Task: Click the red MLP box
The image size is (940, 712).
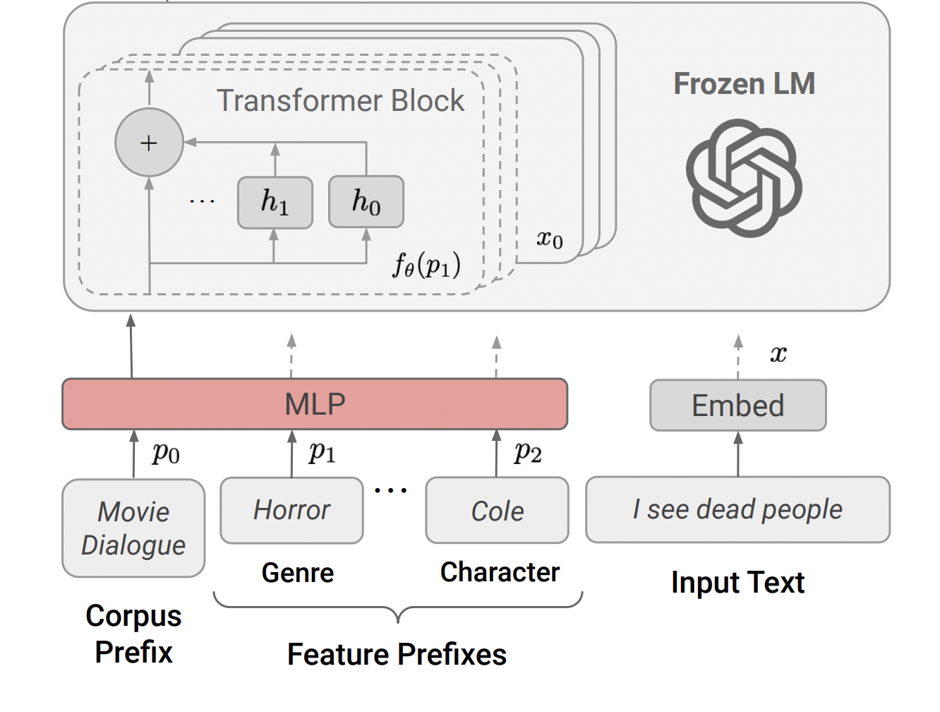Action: [x=315, y=404]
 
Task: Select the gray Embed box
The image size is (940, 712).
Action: [x=738, y=405]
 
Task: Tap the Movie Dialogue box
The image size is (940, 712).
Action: [x=133, y=528]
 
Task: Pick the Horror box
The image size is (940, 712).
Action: [x=291, y=510]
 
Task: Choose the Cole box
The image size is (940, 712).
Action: [x=498, y=510]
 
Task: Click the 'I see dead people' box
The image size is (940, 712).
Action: [x=738, y=509]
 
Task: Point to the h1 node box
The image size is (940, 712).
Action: [x=275, y=202]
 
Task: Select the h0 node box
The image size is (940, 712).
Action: [x=366, y=201]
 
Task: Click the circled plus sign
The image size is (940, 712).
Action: [x=149, y=142]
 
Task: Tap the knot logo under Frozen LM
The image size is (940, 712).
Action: [x=744, y=178]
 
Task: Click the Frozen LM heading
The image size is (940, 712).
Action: [x=745, y=83]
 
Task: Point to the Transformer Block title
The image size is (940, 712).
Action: [x=340, y=101]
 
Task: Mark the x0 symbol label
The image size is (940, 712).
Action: [x=550, y=239]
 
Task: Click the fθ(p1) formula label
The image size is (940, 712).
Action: [x=426, y=265]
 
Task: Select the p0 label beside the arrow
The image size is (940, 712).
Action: [x=166, y=452]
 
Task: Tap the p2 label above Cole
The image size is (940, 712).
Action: [x=528, y=451]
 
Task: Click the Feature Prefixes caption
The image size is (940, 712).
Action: [x=397, y=655]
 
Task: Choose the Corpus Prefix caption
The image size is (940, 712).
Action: [x=133, y=634]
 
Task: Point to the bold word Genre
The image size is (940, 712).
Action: [x=298, y=573]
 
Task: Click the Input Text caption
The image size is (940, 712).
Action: [x=738, y=582]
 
